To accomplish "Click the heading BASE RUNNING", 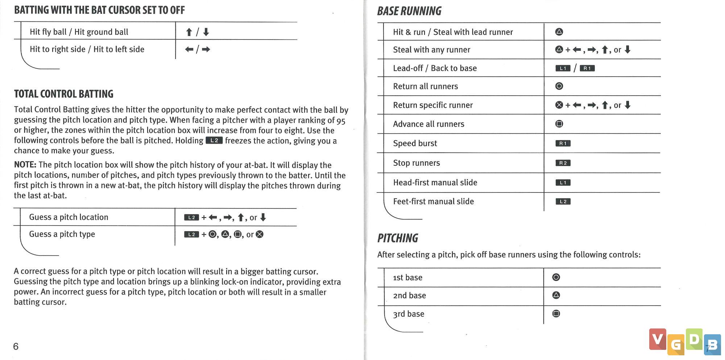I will tap(409, 11).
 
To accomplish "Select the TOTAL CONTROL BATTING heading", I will tap(64, 94).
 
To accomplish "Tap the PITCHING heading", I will tap(398, 238).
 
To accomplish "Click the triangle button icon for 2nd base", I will tap(556, 295).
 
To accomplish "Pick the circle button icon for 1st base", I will tap(556, 277).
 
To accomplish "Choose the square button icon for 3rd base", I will tap(556, 314).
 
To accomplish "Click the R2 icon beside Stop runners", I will tap(563, 163).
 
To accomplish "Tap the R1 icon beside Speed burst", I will tap(563, 144).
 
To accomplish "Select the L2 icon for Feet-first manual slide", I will tap(563, 202).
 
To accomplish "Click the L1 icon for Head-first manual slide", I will tap(563, 183).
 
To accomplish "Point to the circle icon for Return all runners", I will tap(559, 86).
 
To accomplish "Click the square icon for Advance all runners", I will tap(559, 124).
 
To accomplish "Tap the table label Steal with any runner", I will tap(431, 50).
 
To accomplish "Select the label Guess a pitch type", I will tap(62, 234).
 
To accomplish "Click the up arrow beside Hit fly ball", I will tap(189, 32).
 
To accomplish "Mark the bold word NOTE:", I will tap(25, 165).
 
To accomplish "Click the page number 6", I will tap(16, 346).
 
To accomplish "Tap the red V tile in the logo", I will tap(657, 339).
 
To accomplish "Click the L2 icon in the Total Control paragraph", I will tap(214, 141).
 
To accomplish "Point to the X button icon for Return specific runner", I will tap(559, 105).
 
